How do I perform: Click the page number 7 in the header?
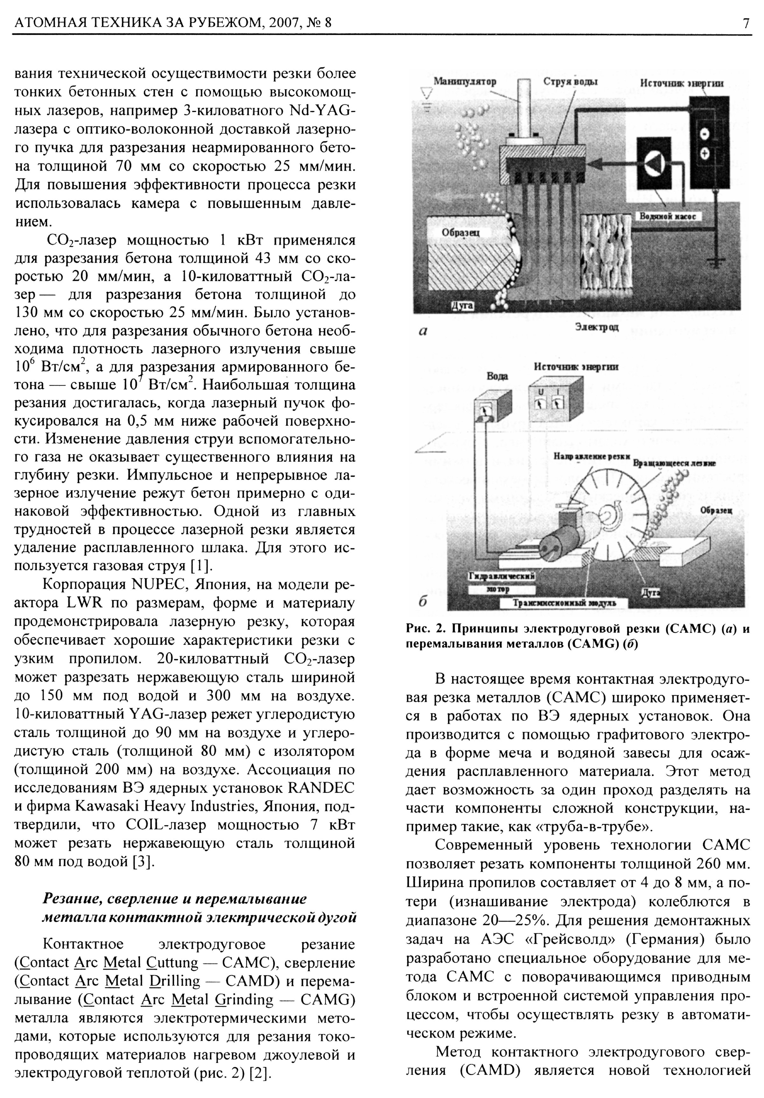[x=745, y=23]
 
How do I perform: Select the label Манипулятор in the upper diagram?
[x=465, y=82]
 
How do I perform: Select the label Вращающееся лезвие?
[x=674, y=463]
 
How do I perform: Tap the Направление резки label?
[x=591, y=456]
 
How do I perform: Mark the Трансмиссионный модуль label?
[x=564, y=602]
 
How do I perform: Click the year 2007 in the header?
[x=289, y=23]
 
